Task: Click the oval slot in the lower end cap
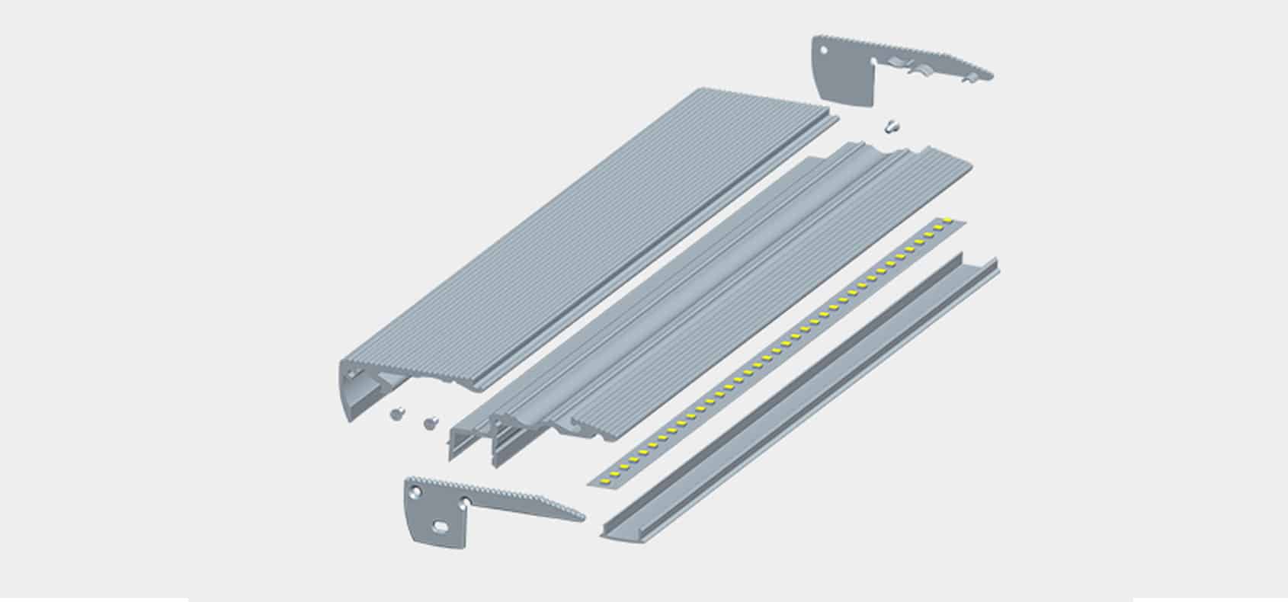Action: click(441, 526)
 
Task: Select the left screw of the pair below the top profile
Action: click(396, 413)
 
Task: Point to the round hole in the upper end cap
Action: click(824, 52)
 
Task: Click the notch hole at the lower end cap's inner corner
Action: click(464, 500)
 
